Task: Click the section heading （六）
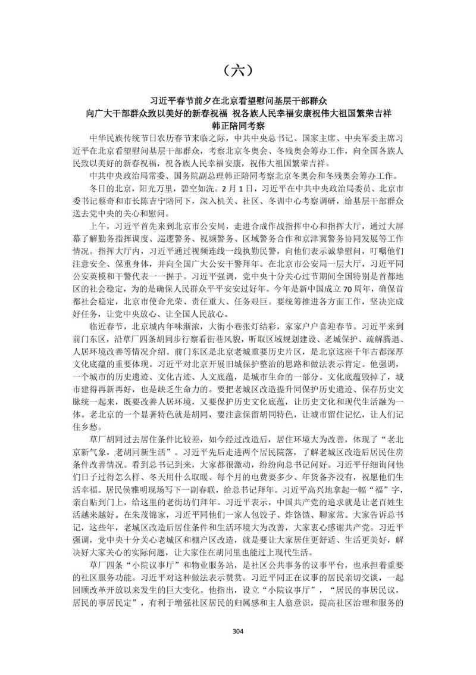point(237,70)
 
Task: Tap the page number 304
point(238,631)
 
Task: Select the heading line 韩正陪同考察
point(237,126)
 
